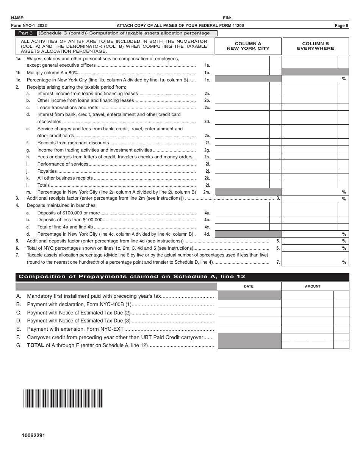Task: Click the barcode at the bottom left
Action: click(63, 398)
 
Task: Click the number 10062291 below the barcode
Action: click(33, 436)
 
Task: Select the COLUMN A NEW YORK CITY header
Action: click(248, 46)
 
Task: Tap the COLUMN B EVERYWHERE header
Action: click(315, 46)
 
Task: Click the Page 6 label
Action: click(341, 25)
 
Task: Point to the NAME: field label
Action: click(18, 18)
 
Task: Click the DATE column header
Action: click(249, 286)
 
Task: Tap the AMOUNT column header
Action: click(313, 286)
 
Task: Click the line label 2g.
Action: click(207, 150)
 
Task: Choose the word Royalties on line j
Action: click(47, 171)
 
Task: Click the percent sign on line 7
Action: click(344, 262)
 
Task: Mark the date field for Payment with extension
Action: click(249, 329)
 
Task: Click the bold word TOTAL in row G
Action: click(36, 345)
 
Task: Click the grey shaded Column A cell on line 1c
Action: click(248, 79)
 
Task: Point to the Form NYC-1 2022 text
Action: click(29, 25)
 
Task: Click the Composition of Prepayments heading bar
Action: click(182, 277)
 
